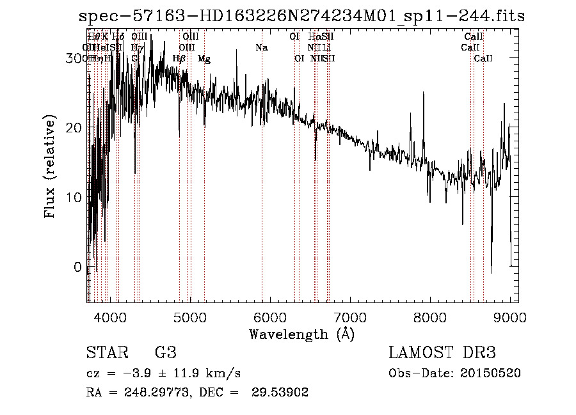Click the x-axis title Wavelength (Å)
301,334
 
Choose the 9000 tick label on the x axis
509,317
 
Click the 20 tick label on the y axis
74,127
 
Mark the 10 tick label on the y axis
74,197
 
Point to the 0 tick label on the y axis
78,267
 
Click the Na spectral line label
261,48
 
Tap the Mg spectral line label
204,59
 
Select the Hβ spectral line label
179,59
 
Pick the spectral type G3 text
165,352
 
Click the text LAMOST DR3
442,352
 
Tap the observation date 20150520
492,373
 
